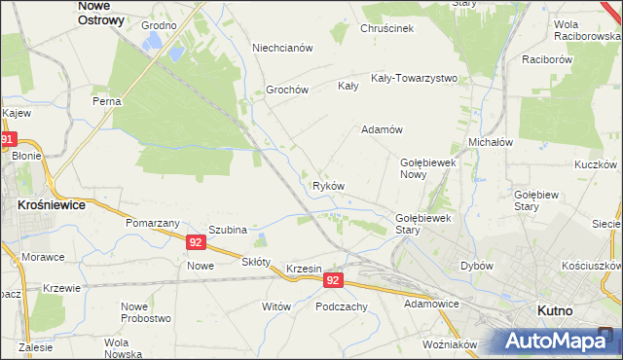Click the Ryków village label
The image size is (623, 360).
pos(328,185)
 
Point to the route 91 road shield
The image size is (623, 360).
pos(8,140)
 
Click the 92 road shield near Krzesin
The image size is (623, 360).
pos(334,280)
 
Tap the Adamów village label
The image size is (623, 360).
pos(382,129)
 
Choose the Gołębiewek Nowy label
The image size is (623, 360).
pos(428,168)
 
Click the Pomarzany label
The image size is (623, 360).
pos(149,223)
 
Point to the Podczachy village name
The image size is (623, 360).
pos(341,306)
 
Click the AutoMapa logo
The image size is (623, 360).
pos(559,341)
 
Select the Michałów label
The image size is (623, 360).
pos(491,142)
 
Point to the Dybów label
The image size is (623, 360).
pos(477,266)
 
